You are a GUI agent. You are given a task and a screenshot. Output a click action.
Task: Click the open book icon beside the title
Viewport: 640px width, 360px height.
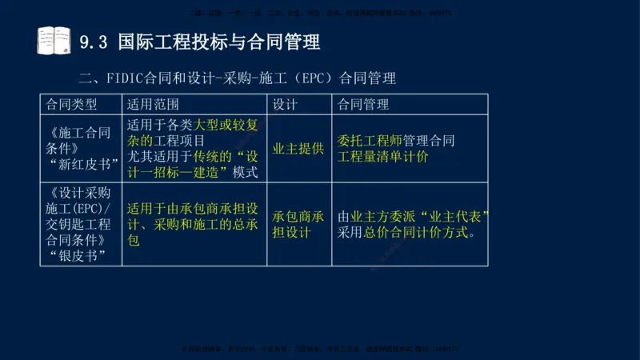(54, 41)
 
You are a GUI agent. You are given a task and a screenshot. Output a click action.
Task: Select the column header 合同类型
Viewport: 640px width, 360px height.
(72, 105)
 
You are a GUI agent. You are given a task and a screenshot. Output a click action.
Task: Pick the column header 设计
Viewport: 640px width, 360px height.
(286, 105)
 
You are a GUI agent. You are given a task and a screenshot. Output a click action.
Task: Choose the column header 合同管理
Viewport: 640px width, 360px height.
(364, 105)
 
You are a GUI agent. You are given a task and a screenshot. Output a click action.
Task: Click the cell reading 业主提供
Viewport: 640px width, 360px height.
(298, 149)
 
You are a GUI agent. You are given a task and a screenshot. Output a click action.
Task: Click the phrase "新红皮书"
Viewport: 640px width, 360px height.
(83, 164)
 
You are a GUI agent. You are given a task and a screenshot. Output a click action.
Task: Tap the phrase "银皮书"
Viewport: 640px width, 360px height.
(77, 255)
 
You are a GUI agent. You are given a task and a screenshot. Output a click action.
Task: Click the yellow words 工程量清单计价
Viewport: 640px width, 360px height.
(383, 157)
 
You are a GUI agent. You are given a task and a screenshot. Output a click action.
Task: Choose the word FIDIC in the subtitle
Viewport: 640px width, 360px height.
(124, 78)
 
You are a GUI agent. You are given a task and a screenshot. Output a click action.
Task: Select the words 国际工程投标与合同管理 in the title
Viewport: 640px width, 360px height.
(218, 42)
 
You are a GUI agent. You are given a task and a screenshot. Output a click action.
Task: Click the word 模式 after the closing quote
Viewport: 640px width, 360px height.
(245, 172)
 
